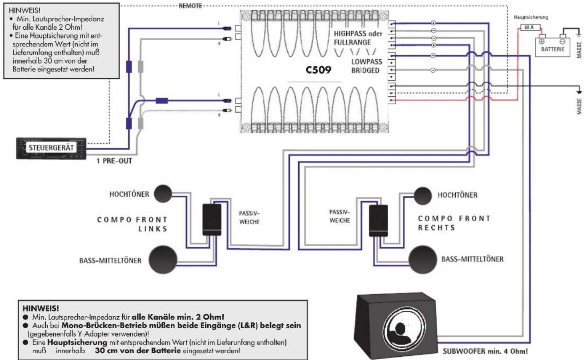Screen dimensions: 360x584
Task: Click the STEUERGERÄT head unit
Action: tap(51, 148)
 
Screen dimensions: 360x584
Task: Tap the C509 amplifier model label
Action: tap(318, 70)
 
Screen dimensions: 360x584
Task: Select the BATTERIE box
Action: tap(552, 47)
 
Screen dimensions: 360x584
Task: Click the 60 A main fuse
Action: tap(529, 27)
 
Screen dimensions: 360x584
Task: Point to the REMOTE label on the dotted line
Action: tap(190, 6)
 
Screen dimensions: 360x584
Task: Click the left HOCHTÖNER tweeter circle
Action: tap(163, 194)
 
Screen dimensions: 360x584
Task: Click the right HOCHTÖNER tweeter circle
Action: tap(422, 195)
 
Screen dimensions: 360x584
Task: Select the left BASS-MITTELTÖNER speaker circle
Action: tap(163, 259)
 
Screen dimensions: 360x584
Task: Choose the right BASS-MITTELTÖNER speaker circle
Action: tap(422, 259)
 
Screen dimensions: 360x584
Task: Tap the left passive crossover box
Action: tap(212, 219)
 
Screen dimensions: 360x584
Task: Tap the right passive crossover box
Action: tap(378, 220)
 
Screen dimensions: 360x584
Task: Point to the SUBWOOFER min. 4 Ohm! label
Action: tap(485, 351)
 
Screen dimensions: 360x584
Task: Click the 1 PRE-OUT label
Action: tap(114, 161)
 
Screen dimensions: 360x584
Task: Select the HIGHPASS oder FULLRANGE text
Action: tap(358, 38)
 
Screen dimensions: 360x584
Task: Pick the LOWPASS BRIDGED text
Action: tap(366, 66)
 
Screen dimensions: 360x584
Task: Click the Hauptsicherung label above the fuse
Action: tap(530, 17)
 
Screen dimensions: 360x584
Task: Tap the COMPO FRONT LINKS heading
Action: tap(132, 224)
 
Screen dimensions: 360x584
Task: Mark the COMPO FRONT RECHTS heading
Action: tap(454, 223)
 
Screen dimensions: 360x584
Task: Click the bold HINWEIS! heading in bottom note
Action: tap(40, 308)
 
